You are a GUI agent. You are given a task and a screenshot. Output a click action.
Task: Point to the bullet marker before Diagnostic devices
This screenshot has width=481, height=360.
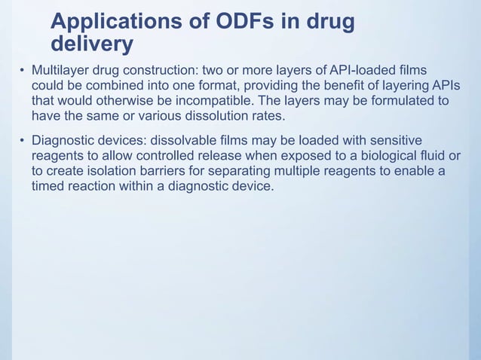pos(22,141)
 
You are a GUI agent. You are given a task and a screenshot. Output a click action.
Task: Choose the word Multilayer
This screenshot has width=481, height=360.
pos(58,70)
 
